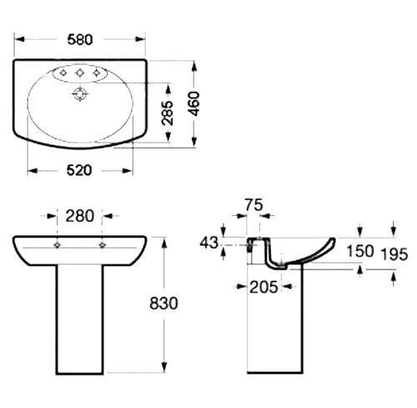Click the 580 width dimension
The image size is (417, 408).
(x=80, y=40)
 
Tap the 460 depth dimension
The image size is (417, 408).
(x=194, y=103)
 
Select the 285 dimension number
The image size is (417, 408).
(x=168, y=113)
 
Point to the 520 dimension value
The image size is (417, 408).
(x=79, y=170)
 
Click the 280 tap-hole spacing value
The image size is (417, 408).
(x=80, y=216)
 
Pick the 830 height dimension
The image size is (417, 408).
(x=163, y=303)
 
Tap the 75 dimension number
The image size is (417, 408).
(x=254, y=205)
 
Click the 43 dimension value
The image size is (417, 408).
(x=209, y=243)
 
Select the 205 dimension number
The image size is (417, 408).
(x=264, y=287)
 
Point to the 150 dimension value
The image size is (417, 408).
(x=360, y=251)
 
